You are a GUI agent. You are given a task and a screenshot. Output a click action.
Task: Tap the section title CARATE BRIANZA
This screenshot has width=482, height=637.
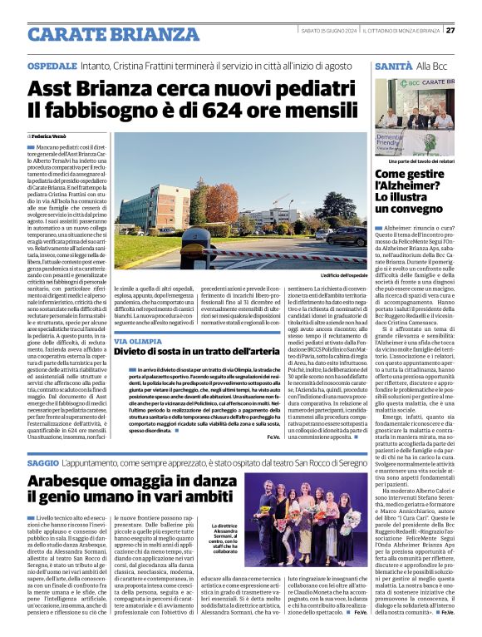point(101,34)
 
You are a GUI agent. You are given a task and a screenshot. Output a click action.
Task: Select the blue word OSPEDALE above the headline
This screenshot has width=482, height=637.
point(52,64)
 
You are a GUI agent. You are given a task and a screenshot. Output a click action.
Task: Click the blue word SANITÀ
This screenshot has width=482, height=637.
point(393,64)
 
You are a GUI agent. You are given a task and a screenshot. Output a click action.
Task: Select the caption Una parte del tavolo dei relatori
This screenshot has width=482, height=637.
point(423,160)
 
